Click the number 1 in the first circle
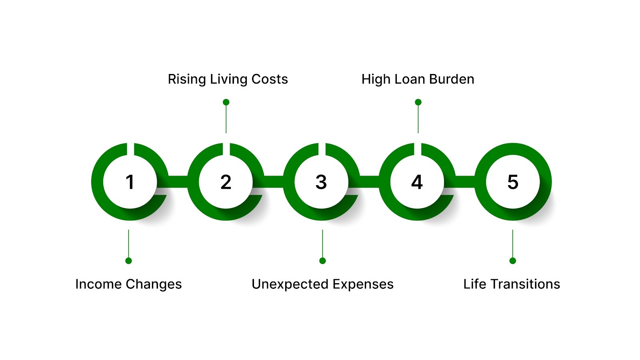click(130, 182)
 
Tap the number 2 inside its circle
click(226, 182)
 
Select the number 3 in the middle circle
click(321, 182)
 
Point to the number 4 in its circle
click(417, 182)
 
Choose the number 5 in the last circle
click(513, 182)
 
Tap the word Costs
click(270, 79)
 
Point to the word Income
click(98, 284)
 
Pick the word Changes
click(154, 284)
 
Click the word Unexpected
click(290, 284)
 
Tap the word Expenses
click(363, 284)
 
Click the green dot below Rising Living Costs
click(226, 102)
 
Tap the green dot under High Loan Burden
click(418, 102)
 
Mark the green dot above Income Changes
click(128, 261)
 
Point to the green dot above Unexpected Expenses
click(322, 261)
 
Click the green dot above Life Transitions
click(513, 261)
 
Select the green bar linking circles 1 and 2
click(178, 182)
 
